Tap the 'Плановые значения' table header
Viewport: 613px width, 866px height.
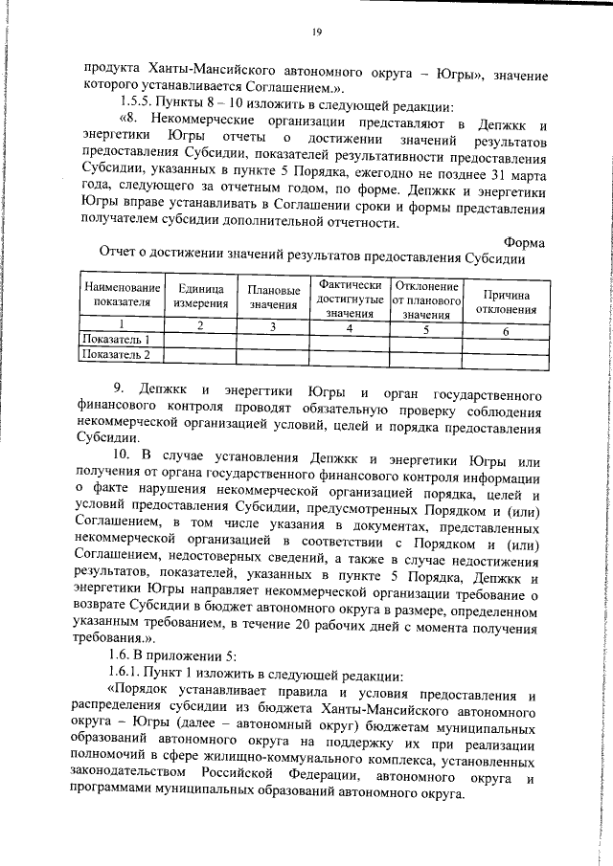(273, 298)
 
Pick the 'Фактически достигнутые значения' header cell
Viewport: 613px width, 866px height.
(350, 299)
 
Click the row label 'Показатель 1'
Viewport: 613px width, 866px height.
(116, 340)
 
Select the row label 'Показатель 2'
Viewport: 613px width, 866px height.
(116, 355)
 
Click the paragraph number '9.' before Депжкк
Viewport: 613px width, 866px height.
(119, 393)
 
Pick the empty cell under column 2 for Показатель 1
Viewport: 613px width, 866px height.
(200, 341)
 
